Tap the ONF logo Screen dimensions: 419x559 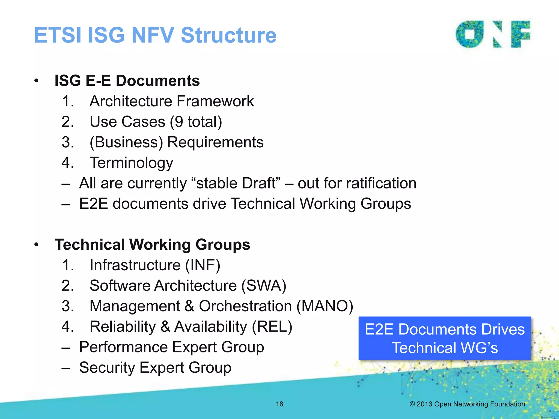click(493, 34)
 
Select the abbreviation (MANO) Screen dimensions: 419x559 click(325, 306)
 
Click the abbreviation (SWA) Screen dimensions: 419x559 click(264, 285)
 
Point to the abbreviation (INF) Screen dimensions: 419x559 click(203, 265)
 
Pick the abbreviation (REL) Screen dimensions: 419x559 click(272, 327)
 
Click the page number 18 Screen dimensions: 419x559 click(279, 404)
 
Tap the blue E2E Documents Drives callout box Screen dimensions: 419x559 click(445, 338)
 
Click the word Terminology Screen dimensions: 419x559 click(131, 163)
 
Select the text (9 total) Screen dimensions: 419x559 click(196, 122)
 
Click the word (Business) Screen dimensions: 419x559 click(126, 142)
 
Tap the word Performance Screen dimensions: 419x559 click(123, 347)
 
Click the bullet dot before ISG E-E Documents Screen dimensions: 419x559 click(36, 81)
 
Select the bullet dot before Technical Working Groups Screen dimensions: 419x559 click(36, 245)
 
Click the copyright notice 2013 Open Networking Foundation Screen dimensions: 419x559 click(467, 404)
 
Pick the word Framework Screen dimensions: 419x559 click(215, 101)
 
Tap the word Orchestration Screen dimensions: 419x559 click(245, 306)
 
